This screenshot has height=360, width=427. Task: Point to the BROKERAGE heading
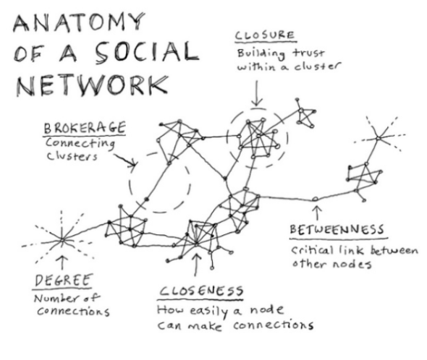[85, 128]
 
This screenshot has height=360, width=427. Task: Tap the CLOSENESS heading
[202, 291]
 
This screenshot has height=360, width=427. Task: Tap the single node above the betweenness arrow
[316, 198]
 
